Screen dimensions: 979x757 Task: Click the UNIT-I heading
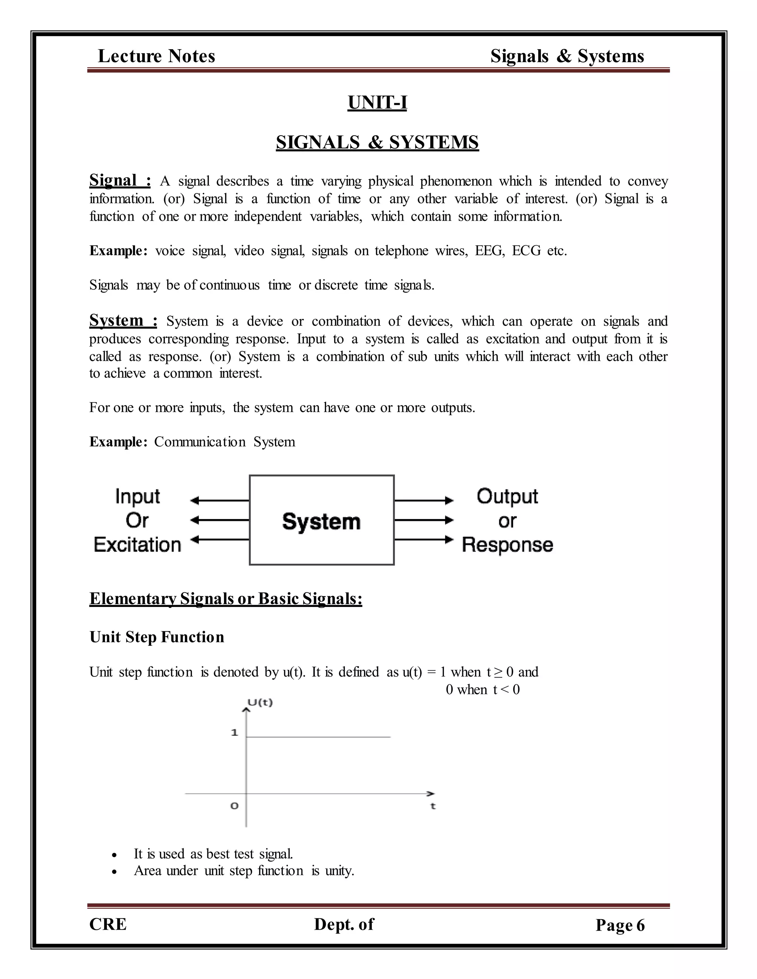[x=377, y=103]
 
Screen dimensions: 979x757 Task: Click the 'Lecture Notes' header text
[x=156, y=56]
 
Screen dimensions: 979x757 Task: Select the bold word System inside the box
[x=321, y=522]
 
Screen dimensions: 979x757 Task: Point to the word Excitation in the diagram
[x=137, y=545]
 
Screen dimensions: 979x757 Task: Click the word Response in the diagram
[x=507, y=545]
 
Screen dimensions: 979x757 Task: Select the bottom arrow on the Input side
[x=220, y=540]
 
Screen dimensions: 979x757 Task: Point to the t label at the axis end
[x=433, y=806]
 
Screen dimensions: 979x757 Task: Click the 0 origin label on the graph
[x=234, y=806]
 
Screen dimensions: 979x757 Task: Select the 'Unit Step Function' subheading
[x=156, y=637]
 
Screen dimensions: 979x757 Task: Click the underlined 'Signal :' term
[x=120, y=180]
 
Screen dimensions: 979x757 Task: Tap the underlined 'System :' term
[x=123, y=321]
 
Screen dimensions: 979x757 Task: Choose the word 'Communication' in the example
[x=200, y=442]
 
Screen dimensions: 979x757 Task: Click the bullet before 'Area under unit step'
[x=115, y=872]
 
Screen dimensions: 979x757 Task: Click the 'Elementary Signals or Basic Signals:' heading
[x=225, y=599]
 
